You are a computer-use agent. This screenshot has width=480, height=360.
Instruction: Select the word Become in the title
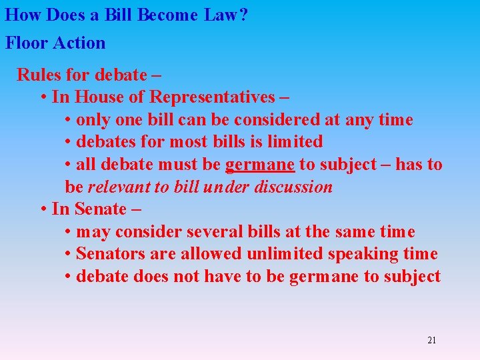167,15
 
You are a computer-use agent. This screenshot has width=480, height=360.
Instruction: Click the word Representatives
211,97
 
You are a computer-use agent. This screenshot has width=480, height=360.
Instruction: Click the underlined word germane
260,165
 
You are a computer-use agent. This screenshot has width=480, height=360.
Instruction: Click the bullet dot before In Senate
43,209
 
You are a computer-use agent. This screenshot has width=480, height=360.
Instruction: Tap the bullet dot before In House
43,97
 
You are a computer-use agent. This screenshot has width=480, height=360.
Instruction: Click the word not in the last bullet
185,277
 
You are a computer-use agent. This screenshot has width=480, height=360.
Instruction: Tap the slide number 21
431,341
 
